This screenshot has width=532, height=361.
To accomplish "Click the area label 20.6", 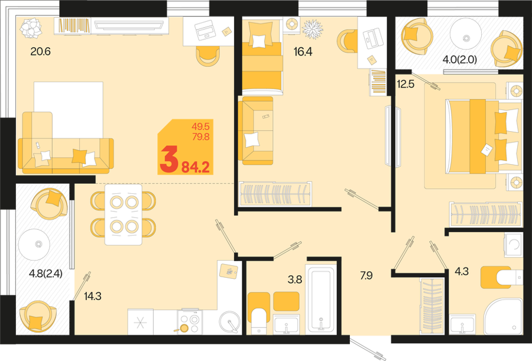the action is [x=40, y=51].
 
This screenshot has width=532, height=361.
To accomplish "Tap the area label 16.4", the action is [x=303, y=51].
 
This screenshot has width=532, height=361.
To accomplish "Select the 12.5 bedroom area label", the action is [x=406, y=84].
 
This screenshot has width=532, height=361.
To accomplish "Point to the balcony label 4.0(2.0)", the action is [x=460, y=60].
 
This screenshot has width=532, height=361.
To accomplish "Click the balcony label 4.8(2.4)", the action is [x=46, y=274].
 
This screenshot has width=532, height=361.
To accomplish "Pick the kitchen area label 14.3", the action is [x=93, y=296].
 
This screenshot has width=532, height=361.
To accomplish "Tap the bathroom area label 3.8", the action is [x=294, y=279].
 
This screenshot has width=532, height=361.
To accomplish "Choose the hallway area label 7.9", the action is [x=366, y=275].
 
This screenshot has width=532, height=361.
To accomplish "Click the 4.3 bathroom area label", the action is [x=462, y=271].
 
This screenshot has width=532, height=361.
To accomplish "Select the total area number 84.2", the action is [x=196, y=167].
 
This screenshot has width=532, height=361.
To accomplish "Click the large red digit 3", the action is [x=169, y=159].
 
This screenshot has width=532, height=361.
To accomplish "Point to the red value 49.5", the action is [x=200, y=126].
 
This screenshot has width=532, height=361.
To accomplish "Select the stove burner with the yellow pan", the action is [x=184, y=328].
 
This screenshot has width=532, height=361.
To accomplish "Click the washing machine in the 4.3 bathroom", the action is [x=512, y=245].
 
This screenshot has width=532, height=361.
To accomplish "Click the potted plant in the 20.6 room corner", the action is [x=30, y=28].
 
